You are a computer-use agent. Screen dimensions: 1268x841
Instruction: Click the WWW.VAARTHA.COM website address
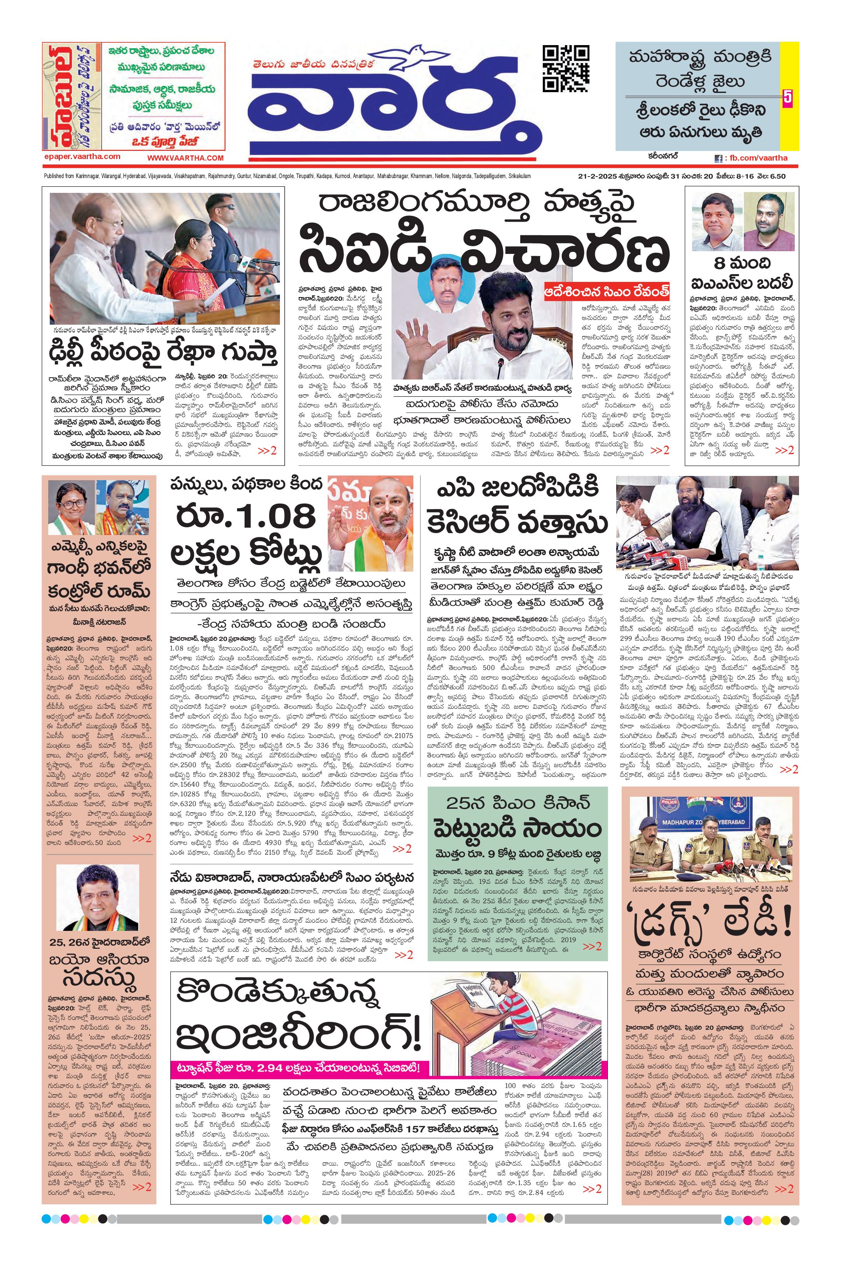point(185,158)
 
